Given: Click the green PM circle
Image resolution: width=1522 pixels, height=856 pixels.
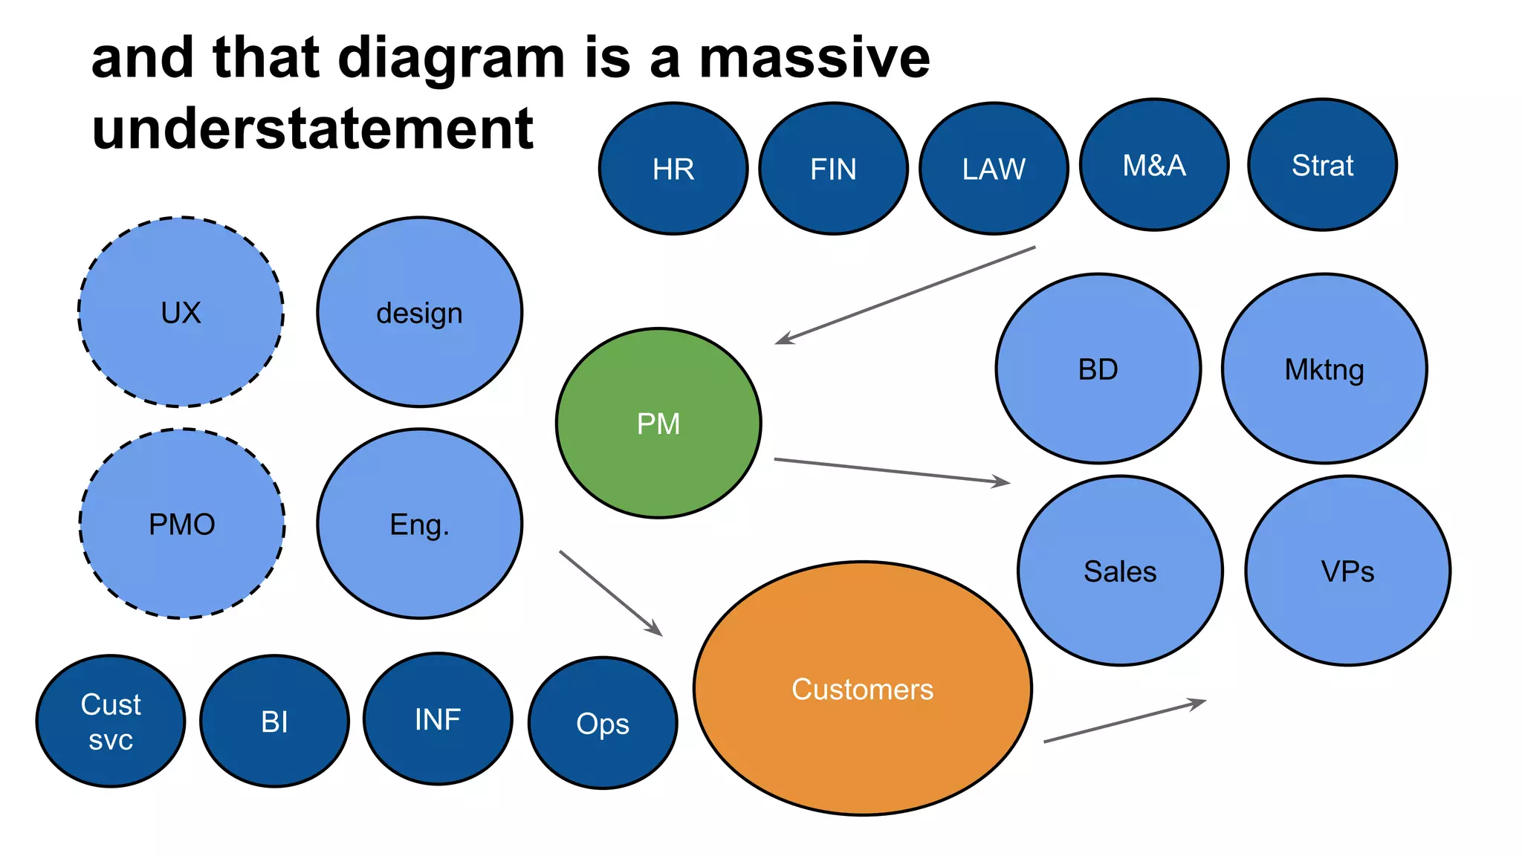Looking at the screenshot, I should [658, 423].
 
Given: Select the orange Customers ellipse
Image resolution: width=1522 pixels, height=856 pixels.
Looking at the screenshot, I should [862, 689].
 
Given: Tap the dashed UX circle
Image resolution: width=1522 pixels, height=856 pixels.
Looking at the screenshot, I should [181, 312].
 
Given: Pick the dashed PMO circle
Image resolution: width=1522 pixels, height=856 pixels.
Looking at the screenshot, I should [182, 524].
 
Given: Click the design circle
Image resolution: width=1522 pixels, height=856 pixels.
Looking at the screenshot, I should [420, 312].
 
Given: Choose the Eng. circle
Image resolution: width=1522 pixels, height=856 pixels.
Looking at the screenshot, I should [420, 524].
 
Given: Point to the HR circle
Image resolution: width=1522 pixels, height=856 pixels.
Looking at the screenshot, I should [673, 169].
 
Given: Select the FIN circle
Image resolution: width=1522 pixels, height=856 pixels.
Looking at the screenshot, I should [833, 169].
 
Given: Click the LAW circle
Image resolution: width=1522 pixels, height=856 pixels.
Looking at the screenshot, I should [994, 169].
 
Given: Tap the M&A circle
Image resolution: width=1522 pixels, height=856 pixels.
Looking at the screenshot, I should [1154, 165].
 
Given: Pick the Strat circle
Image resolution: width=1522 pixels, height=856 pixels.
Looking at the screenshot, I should [1322, 165].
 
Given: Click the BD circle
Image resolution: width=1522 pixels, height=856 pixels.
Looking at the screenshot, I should [1098, 369].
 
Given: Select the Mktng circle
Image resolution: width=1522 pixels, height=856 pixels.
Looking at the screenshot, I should [1324, 369].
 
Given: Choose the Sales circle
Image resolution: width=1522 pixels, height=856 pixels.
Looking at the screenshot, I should [1120, 571].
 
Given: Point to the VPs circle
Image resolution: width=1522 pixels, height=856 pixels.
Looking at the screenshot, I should [1347, 571].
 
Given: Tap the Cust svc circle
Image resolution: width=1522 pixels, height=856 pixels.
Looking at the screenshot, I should [111, 721].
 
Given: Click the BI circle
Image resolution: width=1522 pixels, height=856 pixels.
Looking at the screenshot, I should [274, 721].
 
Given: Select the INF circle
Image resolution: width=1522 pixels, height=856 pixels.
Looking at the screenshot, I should [438, 719].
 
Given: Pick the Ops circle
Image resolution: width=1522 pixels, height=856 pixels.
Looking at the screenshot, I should [603, 723].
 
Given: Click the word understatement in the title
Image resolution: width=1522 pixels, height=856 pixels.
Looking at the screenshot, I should [312, 129].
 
